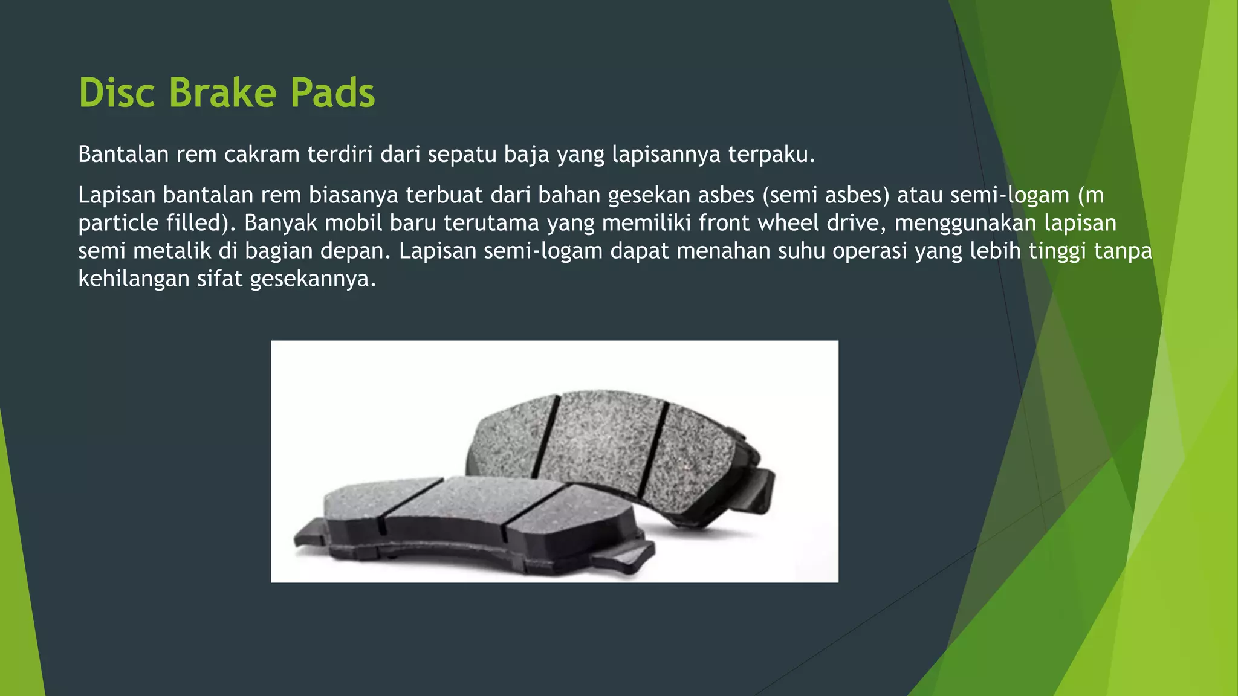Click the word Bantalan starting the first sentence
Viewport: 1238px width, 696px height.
(x=123, y=155)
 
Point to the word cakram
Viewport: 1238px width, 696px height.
(x=261, y=155)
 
